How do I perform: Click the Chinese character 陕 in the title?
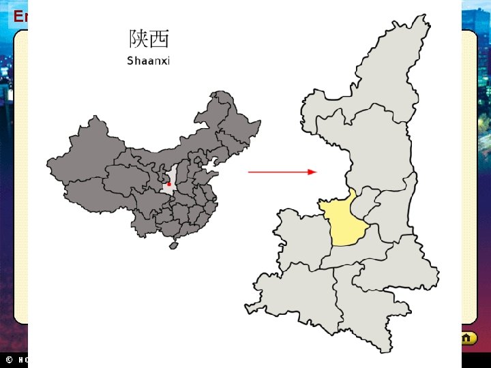138,38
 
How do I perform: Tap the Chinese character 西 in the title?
159,38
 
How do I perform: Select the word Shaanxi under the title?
148,61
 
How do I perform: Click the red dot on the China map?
169,184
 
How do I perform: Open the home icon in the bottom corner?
466,338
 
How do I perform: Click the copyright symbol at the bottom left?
9,359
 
